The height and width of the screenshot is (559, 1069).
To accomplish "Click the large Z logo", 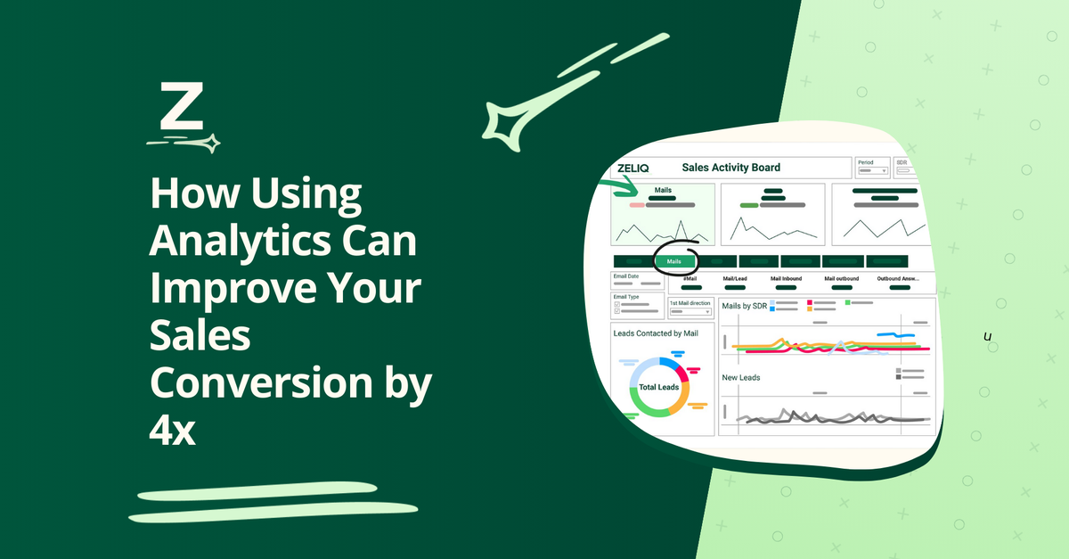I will [x=182, y=108].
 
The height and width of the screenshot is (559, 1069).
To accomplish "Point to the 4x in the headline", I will [x=172, y=432].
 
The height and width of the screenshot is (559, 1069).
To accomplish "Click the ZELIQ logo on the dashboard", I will [x=634, y=168].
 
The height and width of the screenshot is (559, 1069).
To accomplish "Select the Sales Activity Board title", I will [x=730, y=168].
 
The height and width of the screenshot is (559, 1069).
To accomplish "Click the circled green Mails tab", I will [x=673, y=261].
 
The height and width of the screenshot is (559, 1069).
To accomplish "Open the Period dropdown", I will [x=872, y=169].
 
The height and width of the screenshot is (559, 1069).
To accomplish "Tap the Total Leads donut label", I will [x=659, y=388].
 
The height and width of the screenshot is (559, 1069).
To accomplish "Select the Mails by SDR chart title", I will [x=745, y=306].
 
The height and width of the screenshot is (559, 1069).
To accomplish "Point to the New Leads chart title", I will [x=740, y=378].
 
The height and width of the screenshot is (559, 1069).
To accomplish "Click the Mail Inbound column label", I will [x=787, y=279].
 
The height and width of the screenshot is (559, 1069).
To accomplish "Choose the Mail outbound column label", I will [x=841, y=279].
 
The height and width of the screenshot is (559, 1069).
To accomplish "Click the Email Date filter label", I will [x=626, y=276].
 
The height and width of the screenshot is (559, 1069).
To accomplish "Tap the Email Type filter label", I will [x=626, y=297].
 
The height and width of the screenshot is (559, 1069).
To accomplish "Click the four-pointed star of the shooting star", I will [x=507, y=120].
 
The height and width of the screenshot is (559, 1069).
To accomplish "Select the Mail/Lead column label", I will [x=735, y=279].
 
